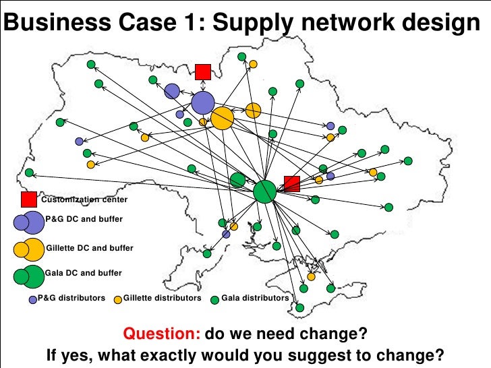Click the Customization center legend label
click(84, 200)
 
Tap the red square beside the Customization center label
click(29, 200)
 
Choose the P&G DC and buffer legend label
click(84, 219)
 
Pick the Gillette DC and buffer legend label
click(90, 248)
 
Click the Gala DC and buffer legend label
click(84, 273)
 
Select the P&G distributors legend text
click(71, 298)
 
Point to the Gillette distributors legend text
click(163, 298)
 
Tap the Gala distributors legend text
click(255, 298)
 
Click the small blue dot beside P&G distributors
click(32, 299)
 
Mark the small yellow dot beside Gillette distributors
click(118, 299)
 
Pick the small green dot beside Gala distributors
click(215, 299)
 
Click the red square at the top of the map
click(203, 71)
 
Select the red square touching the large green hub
click(292, 183)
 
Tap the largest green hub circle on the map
click(265, 192)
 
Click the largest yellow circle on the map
click(222, 119)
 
